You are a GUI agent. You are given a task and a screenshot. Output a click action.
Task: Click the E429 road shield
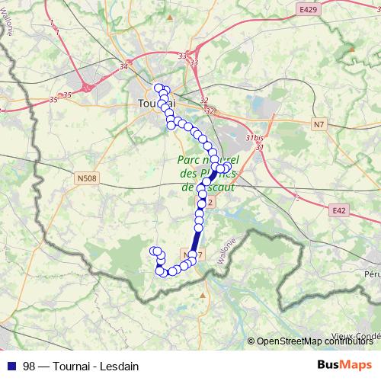pos(307,9)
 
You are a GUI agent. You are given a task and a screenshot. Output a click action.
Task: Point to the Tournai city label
pos(156,103)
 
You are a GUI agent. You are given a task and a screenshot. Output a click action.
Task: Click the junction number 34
pos(123,66)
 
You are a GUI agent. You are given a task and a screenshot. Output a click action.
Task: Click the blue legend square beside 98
pos(11,364)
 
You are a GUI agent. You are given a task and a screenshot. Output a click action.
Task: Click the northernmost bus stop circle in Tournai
pos(158,88)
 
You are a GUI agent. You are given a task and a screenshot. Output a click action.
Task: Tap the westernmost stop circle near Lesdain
pos(154,251)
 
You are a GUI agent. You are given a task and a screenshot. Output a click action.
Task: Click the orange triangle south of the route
pos(204,293)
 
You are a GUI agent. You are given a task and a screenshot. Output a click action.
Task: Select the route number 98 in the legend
pos(30,364)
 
